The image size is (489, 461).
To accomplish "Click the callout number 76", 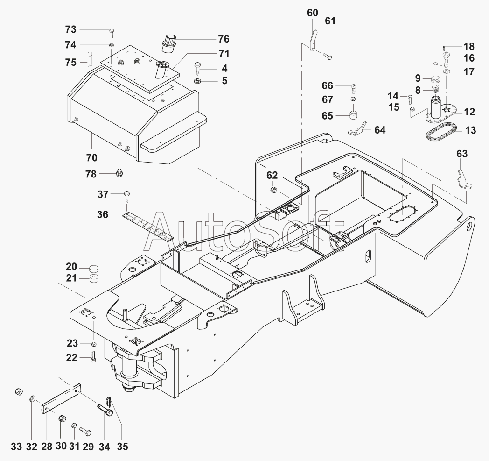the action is (224, 39).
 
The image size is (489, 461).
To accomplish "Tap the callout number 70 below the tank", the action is (91, 157).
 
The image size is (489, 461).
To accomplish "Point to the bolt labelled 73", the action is (112, 32).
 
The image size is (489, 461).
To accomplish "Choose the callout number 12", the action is (469, 112).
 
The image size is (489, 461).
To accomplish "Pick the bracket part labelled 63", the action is (464, 180).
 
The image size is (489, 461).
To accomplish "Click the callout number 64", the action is (380, 130).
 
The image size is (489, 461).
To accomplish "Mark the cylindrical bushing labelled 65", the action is (353, 114).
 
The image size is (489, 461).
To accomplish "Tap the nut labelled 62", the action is (273, 190).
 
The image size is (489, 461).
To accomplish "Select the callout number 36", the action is (103, 214).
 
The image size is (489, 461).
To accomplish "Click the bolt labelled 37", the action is (127, 196).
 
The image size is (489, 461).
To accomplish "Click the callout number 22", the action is (71, 357).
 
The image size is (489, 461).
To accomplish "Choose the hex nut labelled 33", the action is (18, 392).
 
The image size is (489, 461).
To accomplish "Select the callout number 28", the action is (47, 447).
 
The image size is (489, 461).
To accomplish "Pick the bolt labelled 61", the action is (328, 57).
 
